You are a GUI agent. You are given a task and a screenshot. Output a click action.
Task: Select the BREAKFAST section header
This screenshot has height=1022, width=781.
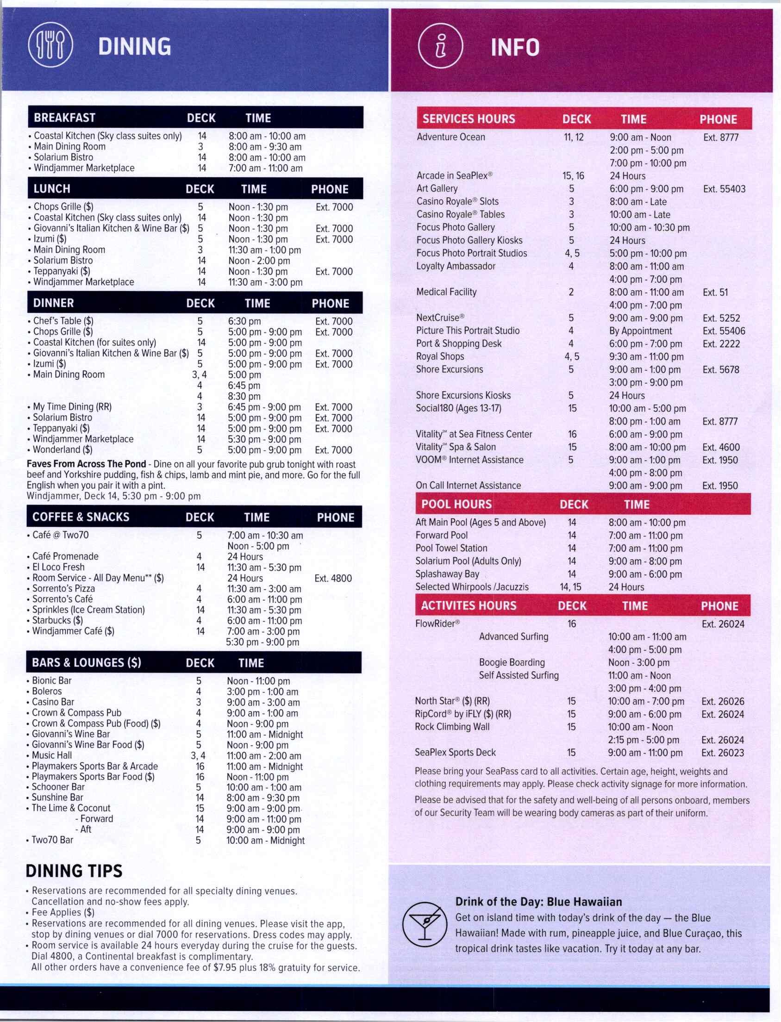(x=65, y=118)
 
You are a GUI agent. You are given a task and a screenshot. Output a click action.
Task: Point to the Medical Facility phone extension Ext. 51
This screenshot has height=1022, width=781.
(x=715, y=293)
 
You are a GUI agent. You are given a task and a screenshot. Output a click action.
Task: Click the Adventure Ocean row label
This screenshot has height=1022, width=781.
(x=450, y=137)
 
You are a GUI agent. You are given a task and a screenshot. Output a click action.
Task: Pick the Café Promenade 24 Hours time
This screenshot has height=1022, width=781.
(x=245, y=556)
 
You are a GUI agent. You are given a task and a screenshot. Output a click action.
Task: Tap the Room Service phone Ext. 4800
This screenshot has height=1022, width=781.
(x=333, y=578)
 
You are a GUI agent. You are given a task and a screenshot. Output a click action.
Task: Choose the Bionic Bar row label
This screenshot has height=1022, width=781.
(x=51, y=680)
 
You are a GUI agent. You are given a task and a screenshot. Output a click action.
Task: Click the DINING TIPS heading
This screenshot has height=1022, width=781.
(x=74, y=871)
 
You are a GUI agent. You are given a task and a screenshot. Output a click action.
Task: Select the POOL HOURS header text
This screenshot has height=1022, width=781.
(x=456, y=505)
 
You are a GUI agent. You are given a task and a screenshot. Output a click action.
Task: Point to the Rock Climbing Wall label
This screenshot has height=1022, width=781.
(x=452, y=727)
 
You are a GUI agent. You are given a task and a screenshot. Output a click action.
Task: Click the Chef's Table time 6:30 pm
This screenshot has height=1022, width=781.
(x=244, y=321)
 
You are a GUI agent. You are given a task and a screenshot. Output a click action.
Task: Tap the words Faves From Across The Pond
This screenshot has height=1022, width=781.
(x=86, y=464)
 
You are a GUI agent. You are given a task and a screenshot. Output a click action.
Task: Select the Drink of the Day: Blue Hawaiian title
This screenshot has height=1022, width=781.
(x=538, y=902)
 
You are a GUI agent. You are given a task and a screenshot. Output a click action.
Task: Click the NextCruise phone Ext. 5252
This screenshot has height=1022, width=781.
(x=721, y=318)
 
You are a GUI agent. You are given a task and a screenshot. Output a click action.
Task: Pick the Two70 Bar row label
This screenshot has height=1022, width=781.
(x=52, y=840)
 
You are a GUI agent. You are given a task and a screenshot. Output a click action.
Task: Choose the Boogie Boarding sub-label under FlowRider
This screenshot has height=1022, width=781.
(x=512, y=662)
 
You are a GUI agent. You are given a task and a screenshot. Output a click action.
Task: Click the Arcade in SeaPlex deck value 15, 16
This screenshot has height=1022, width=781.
(x=573, y=176)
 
